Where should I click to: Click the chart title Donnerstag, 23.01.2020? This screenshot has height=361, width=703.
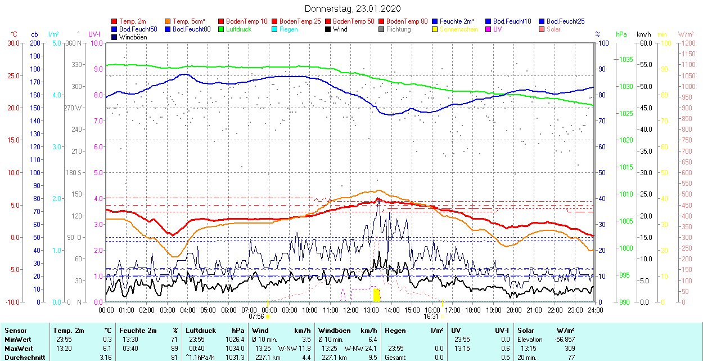[x=353, y=8]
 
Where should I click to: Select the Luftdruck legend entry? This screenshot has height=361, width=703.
[x=238, y=29]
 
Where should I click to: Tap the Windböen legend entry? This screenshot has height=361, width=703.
[x=133, y=37]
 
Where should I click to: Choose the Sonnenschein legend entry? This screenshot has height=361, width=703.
[x=459, y=29]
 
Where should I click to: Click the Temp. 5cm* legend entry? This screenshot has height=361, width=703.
[x=188, y=21]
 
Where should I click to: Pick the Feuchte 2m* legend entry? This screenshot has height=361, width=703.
[x=457, y=21]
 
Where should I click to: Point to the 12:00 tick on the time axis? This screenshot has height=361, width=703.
[x=351, y=310]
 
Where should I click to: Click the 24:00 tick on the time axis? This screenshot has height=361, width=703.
[x=596, y=310]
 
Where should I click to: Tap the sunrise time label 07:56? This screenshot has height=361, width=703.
[x=256, y=317]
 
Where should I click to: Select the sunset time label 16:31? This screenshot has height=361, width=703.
[x=431, y=317]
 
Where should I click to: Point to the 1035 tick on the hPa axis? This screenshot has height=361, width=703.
[x=626, y=59]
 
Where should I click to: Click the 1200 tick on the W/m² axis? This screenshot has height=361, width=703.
[x=688, y=43]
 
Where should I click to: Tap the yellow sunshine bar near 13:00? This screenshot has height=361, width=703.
[x=376, y=295]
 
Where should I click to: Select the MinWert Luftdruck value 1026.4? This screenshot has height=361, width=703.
[x=235, y=340]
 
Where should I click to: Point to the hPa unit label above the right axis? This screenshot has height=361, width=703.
[x=621, y=34]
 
